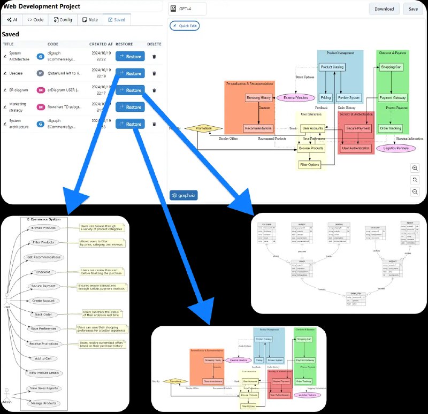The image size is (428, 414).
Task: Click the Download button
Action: [384, 9]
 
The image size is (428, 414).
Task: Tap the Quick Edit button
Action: [184, 26]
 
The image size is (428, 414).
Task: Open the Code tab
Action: [35, 19]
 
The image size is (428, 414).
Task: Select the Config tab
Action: [63, 19]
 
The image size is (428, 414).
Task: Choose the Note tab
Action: [90, 19]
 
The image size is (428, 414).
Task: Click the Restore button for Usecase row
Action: [130, 73]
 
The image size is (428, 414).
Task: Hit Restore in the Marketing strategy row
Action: [130, 107]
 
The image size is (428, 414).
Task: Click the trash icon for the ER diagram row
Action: [154, 90]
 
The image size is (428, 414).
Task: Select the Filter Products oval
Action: [44, 242]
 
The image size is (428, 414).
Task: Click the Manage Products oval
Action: [44, 403]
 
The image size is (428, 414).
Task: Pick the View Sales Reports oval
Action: [44, 388]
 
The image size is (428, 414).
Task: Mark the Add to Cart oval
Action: [44, 358]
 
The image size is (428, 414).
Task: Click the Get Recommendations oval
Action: [44, 257]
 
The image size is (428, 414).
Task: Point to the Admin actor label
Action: [7, 402]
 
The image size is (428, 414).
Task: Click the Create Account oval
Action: [44, 301]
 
